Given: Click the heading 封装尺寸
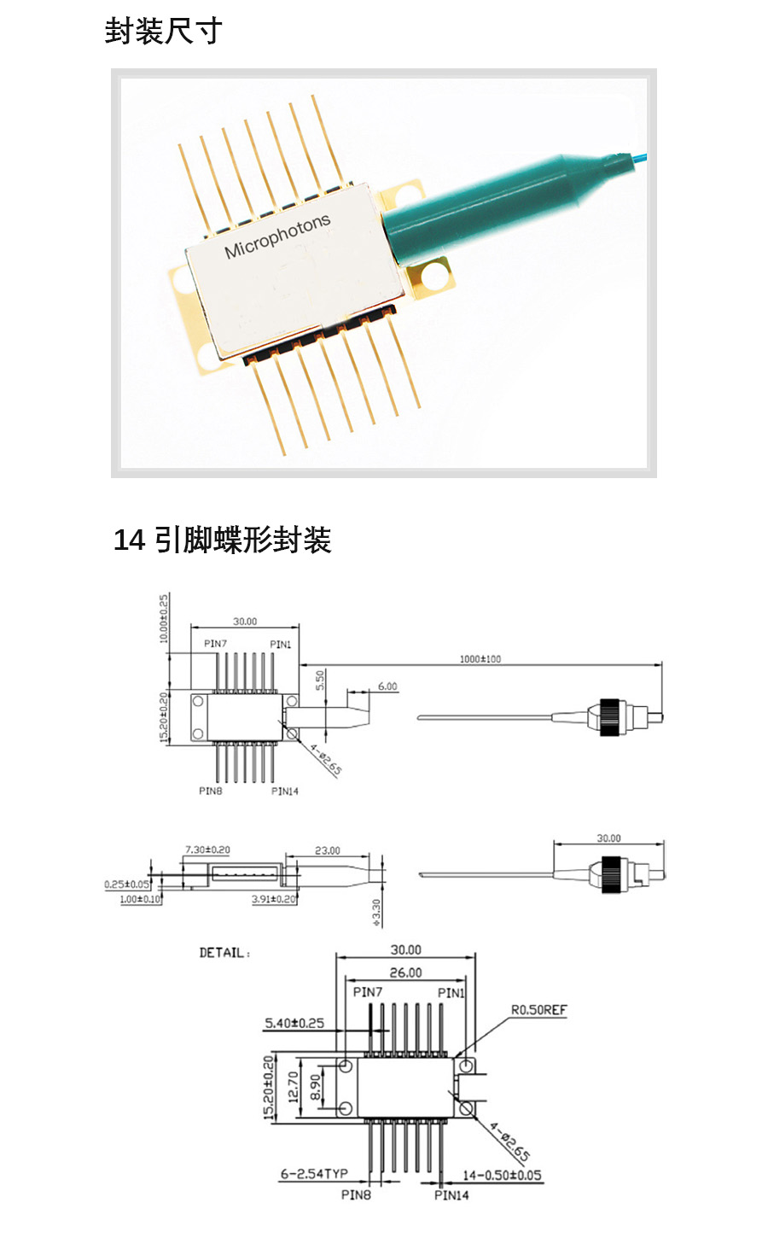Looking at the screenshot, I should click(163, 32).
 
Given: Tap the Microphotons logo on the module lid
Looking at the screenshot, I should click(276, 237).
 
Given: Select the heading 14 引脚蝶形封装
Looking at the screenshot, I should click(222, 540).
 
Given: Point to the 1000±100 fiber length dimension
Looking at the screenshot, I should click(480, 658).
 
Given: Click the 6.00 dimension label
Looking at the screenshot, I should click(387, 686).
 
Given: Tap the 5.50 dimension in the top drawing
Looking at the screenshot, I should click(320, 680).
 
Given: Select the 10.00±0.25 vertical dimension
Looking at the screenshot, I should click(164, 619).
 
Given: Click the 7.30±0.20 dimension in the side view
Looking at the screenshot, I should click(207, 850).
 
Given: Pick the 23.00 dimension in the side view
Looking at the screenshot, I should click(327, 850).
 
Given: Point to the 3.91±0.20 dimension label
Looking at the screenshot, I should click(274, 899).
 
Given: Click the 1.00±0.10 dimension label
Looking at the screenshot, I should click(140, 899).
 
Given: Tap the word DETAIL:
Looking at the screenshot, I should click(224, 952).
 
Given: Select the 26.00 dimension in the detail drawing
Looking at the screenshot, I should click(405, 972).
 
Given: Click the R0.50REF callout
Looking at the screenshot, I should click(538, 1010).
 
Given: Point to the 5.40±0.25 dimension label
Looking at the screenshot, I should click(294, 1022).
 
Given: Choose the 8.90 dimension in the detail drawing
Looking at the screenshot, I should click(315, 1087).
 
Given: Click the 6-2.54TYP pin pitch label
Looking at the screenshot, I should click(313, 1174).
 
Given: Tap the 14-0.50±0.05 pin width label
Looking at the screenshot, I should click(502, 1175).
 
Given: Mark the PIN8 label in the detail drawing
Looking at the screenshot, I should click(356, 1194).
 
